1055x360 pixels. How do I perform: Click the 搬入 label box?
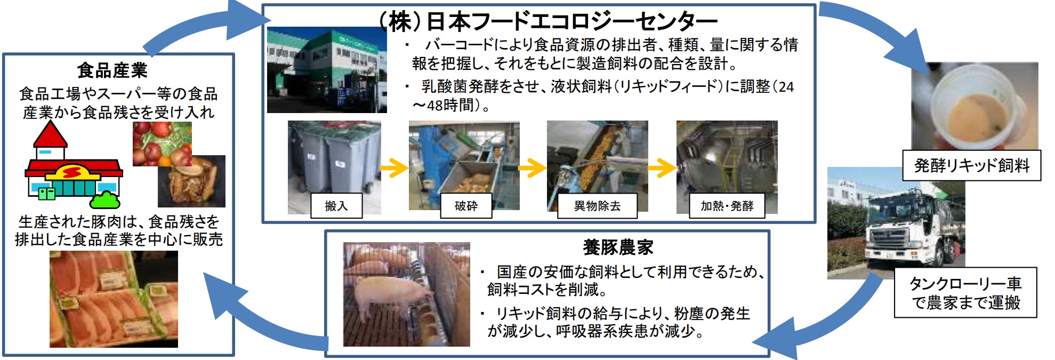pos(336,205)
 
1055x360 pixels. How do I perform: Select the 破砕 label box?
pos(466,205)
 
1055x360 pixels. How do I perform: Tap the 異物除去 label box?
pos(597,205)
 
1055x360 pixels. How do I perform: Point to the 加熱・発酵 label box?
pos(727,205)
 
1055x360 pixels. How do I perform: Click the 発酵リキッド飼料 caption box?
pos(971,165)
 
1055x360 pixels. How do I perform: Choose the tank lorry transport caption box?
pos(965,292)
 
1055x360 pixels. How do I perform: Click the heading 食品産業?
pos(112,70)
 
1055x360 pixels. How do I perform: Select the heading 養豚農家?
pos(618,247)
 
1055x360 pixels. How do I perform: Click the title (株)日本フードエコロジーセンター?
pos(548,21)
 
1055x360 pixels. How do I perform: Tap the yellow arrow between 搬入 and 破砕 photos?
pos(394,168)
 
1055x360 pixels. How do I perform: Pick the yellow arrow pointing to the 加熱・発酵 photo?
pos(662,168)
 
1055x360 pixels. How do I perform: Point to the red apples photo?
pos(162,144)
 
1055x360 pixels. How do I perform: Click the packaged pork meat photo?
pos(114,299)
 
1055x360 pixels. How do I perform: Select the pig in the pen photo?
pos(406,294)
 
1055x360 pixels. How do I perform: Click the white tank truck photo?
pos(896,223)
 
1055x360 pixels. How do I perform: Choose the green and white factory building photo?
pos(327,70)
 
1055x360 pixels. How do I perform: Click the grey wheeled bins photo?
pos(334,167)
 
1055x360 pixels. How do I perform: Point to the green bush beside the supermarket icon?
pos(105,199)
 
